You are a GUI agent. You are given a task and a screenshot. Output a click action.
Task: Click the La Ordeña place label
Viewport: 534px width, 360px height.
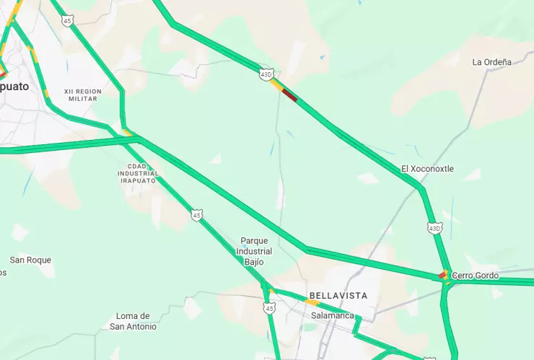[x=491, y=62]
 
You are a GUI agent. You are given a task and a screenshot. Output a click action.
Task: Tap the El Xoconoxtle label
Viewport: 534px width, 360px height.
[x=427, y=169]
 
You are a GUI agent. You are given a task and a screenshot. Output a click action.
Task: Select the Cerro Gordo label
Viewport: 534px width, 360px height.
[x=475, y=276]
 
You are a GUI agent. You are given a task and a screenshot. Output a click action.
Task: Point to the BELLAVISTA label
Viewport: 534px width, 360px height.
[x=338, y=296]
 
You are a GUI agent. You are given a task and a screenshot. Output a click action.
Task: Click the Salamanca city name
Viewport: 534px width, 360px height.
[x=333, y=316]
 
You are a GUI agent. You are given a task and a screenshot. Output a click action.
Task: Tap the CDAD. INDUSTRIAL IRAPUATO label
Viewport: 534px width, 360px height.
[x=137, y=173]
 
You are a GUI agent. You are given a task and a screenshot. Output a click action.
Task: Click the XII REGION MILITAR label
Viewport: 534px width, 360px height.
[x=83, y=95]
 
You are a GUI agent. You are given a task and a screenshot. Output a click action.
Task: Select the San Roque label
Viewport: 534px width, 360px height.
[x=30, y=260]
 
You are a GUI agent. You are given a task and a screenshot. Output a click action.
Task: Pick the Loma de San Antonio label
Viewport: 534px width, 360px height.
[x=133, y=321]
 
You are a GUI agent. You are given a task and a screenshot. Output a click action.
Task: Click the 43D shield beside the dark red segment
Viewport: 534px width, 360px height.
[x=267, y=74]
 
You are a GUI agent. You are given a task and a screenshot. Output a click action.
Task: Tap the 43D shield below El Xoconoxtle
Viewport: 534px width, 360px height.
[x=434, y=228]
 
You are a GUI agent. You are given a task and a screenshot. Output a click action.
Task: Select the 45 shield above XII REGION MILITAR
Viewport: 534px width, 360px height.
[x=67, y=21]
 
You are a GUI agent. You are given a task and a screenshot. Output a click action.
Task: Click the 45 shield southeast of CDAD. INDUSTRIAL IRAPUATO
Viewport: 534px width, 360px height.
[x=196, y=215]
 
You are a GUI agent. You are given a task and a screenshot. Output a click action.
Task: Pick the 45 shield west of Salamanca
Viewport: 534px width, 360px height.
[x=269, y=308]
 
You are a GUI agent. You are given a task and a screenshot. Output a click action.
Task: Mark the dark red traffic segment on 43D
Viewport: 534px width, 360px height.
[x=289, y=95]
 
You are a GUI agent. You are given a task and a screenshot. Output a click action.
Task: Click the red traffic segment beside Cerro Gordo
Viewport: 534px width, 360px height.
[x=442, y=275]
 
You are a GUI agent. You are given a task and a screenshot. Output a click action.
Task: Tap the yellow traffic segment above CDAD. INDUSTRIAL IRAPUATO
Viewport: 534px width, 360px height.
[x=128, y=132]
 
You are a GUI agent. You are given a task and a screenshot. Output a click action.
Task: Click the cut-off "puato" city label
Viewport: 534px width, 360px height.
[x=14, y=86]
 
